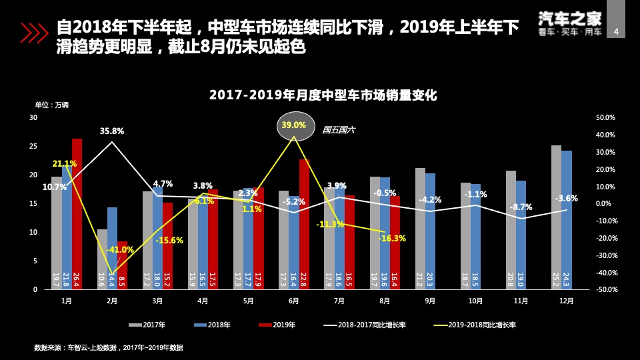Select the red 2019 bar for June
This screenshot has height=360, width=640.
(304, 224)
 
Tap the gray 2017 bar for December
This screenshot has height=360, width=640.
(556, 217)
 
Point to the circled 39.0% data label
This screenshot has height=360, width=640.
(294, 125)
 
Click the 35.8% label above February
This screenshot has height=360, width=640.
(112, 131)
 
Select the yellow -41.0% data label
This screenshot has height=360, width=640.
(120, 250)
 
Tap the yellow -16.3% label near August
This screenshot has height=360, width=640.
(392, 238)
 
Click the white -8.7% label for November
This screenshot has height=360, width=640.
(521, 207)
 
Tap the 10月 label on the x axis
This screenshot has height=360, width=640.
(475, 301)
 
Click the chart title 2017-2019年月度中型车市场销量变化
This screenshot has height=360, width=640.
(323, 95)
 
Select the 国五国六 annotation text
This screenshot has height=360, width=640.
(338, 130)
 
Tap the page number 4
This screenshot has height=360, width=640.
(615, 31)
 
